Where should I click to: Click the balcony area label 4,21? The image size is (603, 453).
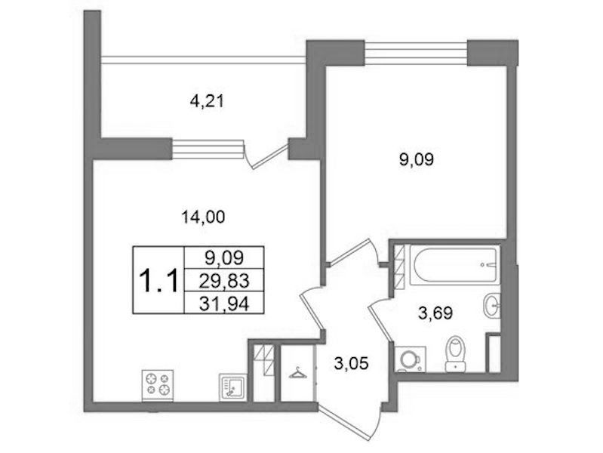207,102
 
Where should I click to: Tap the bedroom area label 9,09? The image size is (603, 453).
417,159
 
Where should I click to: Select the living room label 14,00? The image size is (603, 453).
203,217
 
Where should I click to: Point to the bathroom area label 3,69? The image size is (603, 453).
435,313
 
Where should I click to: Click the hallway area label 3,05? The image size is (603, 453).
352,363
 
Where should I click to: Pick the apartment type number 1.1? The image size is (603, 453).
158,281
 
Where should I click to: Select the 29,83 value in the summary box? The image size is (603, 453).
224,281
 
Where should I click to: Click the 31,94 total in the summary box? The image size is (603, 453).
224,305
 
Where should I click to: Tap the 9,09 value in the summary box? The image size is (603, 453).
224,258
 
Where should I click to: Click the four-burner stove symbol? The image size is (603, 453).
158,385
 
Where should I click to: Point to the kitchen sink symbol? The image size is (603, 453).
232,387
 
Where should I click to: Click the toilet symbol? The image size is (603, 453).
455,354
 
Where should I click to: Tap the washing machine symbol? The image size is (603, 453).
411,359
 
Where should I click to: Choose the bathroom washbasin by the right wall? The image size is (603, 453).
491,306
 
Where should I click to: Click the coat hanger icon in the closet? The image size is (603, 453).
297,374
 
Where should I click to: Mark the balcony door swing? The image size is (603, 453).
266,155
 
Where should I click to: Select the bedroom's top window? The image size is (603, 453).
416,52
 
